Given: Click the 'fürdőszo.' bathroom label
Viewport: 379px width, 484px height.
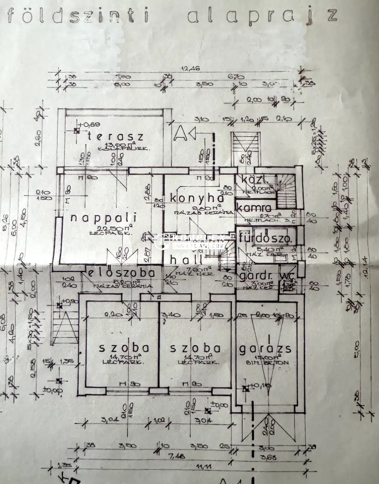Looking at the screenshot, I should point(265,239).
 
